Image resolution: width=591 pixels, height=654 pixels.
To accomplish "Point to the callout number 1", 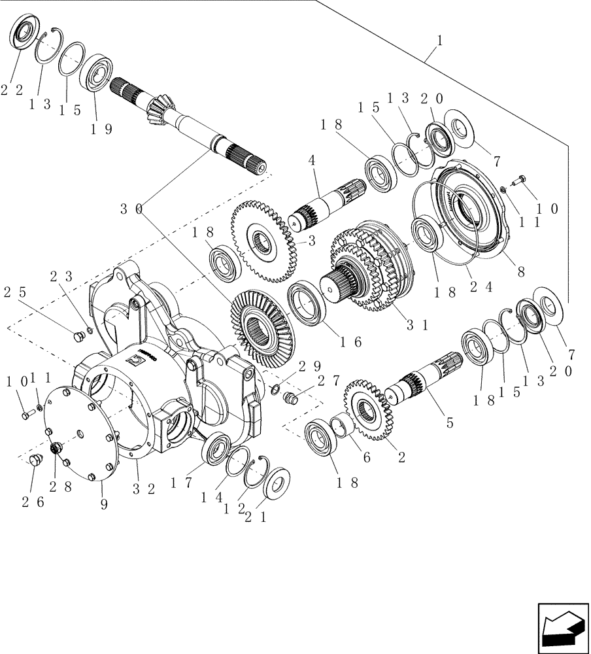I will pyautogui.click(x=439, y=41).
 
